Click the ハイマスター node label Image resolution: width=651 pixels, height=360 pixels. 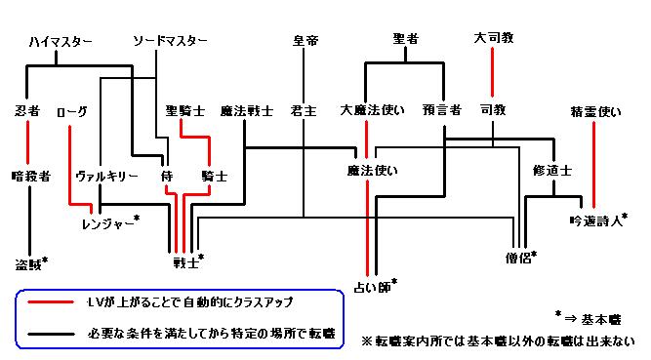(x=61, y=41)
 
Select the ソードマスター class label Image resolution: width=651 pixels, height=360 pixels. (x=170, y=41)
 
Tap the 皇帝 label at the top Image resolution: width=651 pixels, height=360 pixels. (x=305, y=41)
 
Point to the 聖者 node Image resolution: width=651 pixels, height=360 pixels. (x=405, y=39)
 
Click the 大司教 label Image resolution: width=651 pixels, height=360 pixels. (x=493, y=39)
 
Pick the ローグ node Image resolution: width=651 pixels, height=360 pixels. (x=73, y=112)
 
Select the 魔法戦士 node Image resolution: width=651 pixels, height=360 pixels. (x=246, y=112)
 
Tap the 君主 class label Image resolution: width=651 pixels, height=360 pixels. (x=304, y=112)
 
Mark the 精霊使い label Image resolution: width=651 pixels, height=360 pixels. (x=594, y=112)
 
